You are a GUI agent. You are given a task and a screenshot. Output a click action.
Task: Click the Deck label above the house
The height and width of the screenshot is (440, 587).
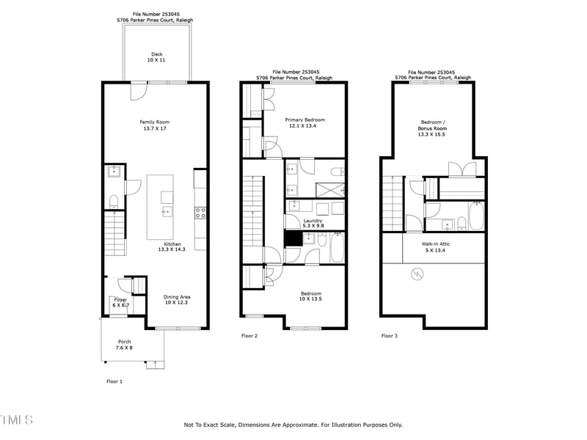tap(156, 57)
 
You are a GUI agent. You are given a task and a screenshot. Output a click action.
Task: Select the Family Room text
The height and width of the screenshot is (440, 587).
tap(155, 125)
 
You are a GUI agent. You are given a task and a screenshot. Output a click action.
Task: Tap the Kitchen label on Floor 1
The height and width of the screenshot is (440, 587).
tap(172, 246)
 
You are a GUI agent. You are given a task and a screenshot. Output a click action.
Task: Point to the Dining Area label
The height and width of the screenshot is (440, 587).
tap(176, 300)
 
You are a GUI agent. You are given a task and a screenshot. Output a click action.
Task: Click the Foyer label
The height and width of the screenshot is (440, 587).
tap(120, 302)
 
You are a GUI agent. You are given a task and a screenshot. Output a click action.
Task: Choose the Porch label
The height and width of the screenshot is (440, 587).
tap(124, 345)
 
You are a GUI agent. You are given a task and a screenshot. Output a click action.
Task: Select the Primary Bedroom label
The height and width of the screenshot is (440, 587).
tap(305, 122)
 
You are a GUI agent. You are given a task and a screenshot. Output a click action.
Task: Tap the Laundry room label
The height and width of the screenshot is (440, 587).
tap(313, 222)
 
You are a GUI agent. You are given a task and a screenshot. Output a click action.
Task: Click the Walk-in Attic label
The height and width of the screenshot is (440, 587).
tap(436, 246)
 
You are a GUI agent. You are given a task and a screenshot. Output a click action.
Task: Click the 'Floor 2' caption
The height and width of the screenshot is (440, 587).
tap(249, 336)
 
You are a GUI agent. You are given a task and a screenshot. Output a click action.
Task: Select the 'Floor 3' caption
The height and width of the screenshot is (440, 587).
tap(389, 336)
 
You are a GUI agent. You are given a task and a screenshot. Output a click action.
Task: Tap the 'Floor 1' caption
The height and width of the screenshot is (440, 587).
tap(114, 381)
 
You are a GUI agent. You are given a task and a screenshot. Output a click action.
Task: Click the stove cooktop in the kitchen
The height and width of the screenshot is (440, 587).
tap(200, 213)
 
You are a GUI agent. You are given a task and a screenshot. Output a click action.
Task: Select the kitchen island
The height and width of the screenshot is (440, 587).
tap(161, 207)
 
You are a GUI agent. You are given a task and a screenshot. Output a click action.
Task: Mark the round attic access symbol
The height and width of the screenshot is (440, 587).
tap(418, 274)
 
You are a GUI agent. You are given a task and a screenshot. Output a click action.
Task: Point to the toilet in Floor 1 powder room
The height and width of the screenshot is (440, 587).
tap(114, 200)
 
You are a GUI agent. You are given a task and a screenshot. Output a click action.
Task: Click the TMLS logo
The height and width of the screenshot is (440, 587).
tap(16, 420)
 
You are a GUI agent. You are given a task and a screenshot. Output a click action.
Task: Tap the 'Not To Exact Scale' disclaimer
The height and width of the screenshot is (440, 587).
tap(293, 425)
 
